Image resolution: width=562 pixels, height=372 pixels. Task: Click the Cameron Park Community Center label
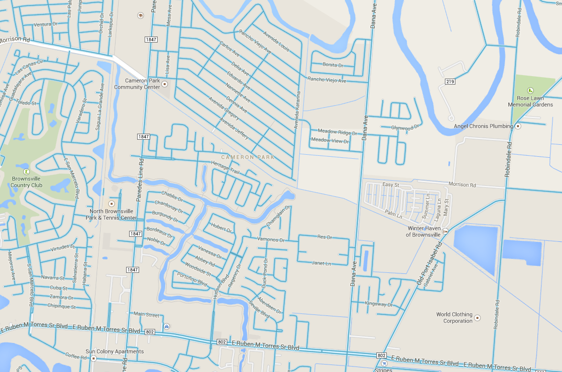[137, 84]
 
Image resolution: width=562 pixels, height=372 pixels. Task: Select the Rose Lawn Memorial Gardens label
[530, 101]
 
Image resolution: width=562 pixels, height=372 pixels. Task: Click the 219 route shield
[449, 81]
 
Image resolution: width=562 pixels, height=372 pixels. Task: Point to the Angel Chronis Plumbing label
[483, 126]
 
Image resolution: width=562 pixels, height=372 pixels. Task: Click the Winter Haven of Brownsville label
[423, 231]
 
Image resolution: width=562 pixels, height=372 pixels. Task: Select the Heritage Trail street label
[225, 167]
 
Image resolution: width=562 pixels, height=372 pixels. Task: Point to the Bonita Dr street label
[333, 65]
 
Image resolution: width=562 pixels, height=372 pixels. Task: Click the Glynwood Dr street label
[405, 128]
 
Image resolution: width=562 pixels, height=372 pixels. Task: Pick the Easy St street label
[390, 185]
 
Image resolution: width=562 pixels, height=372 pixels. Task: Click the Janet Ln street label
[321, 263]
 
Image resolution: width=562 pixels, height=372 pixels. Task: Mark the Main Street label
[146, 314]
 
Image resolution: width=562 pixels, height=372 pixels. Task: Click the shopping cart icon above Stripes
[384, 363]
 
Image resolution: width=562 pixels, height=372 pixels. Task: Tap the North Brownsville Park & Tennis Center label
[111, 214]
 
